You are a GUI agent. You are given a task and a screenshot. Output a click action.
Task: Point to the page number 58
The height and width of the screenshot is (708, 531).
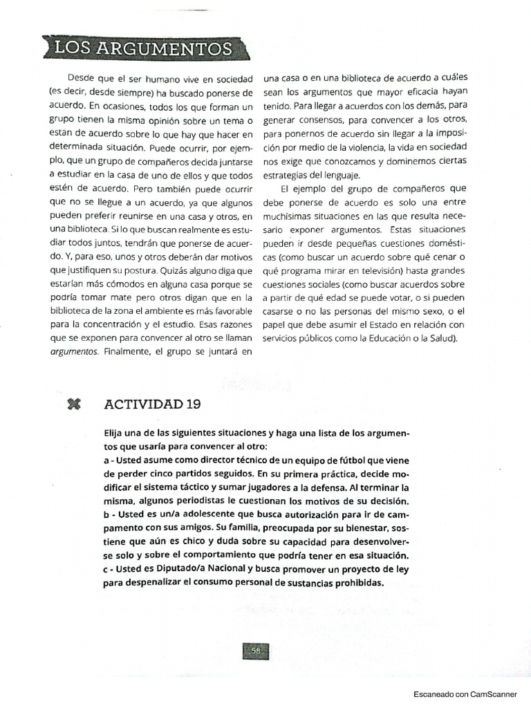coord(255,651)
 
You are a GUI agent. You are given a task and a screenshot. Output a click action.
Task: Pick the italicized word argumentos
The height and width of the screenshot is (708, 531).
coord(75,351)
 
